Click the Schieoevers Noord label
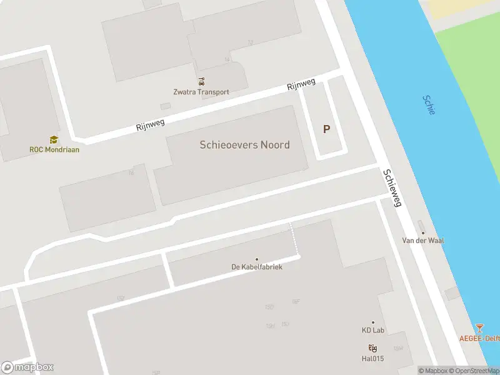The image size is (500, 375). click(244, 144)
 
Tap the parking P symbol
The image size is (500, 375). click(326, 129)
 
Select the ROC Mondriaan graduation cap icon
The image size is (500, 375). click(54, 139)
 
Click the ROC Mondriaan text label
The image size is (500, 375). click(54, 149)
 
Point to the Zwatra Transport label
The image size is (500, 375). click(201, 92)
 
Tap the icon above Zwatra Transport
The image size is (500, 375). click(201, 81)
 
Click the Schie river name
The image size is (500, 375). click(429, 104)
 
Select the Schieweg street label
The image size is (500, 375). click(393, 188)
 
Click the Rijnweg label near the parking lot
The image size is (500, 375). click(301, 85)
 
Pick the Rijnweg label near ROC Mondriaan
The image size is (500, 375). click(151, 124)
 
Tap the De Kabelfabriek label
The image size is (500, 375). click(257, 267)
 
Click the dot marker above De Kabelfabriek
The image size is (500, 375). click(256, 259)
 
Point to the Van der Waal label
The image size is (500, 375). click(422, 240)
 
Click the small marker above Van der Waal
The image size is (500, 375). click(421, 231)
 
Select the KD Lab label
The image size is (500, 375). click(372, 331)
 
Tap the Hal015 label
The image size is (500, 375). click(372, 359)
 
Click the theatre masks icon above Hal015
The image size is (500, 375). click(372, 348)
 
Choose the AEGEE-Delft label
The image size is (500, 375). click(479, 337)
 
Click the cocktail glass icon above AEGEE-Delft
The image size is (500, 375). click(479, 327)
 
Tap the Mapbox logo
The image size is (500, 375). click(27, 367)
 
